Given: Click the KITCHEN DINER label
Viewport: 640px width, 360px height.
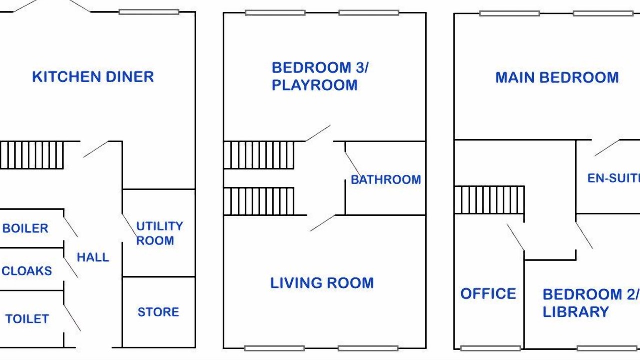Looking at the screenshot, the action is [93, 77].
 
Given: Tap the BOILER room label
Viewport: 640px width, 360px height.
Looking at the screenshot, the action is [25, 228].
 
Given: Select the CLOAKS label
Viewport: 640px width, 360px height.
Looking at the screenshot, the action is [27, 271].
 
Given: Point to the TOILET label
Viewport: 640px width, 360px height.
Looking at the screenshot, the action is [27, 319].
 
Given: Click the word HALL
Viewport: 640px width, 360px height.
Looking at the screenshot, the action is [93, 257].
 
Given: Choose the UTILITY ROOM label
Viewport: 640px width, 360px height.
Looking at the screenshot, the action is [159, 233].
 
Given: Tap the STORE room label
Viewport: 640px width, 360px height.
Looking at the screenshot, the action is [158, 312].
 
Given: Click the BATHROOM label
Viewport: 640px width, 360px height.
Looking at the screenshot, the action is [386, 180].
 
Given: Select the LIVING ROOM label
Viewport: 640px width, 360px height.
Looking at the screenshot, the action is [322, 283].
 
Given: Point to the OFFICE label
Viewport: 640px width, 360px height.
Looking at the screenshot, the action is [488, 294].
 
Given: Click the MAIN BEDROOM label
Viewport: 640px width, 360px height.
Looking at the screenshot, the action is [557, 77].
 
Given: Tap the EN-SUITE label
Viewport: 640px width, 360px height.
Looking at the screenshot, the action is [613, 178].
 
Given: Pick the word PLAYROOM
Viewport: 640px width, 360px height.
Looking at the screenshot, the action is [314, 85].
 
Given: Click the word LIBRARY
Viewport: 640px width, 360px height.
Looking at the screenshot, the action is [576, 312].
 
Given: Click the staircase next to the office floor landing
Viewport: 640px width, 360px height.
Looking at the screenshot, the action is [489, 200].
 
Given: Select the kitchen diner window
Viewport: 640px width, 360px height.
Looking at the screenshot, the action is [149, 12].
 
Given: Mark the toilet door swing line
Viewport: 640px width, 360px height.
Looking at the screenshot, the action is [72, 318].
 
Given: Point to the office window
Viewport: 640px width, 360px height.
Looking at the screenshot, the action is [491, 348].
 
